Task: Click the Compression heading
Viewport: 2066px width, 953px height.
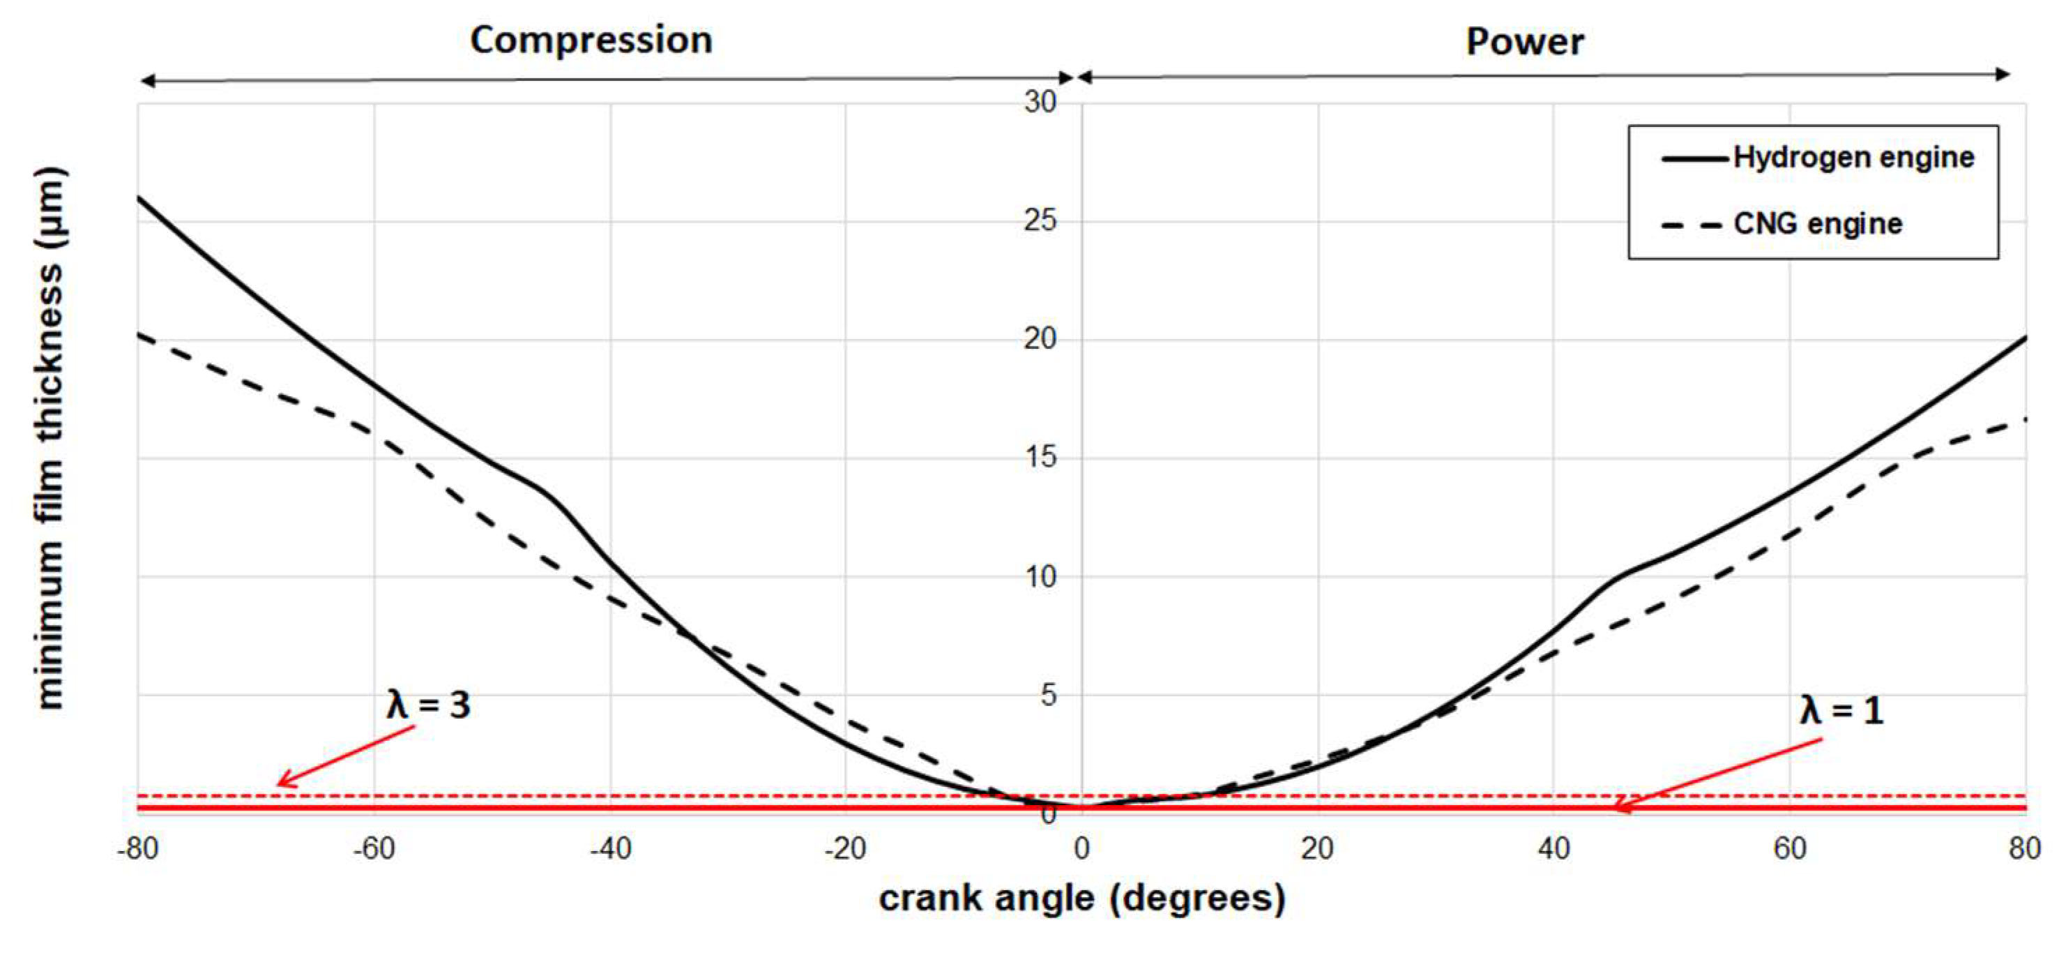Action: pyautogui.click(x=591, y=40)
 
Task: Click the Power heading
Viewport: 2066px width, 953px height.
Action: pyautogui.click(x=1525, y=42)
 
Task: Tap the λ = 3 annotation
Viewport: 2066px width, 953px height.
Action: pyautogui.click(x=428, y=705)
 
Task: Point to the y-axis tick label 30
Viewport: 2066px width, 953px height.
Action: pyautogui.click(x=1040, y=102)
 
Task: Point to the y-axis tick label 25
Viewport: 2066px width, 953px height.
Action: pyautogui.click(x=1040, y=220)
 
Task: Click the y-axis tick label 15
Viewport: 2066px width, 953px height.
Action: pyautogui.click(x=1040, y=457)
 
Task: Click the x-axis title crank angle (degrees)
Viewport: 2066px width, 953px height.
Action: pyautogui.click(x=1082, y=898)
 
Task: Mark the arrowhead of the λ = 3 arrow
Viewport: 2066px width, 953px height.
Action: pyautogui.click(x=279, y=783)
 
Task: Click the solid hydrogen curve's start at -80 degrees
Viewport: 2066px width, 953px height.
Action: pyautogui.click(x=139, y=197)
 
